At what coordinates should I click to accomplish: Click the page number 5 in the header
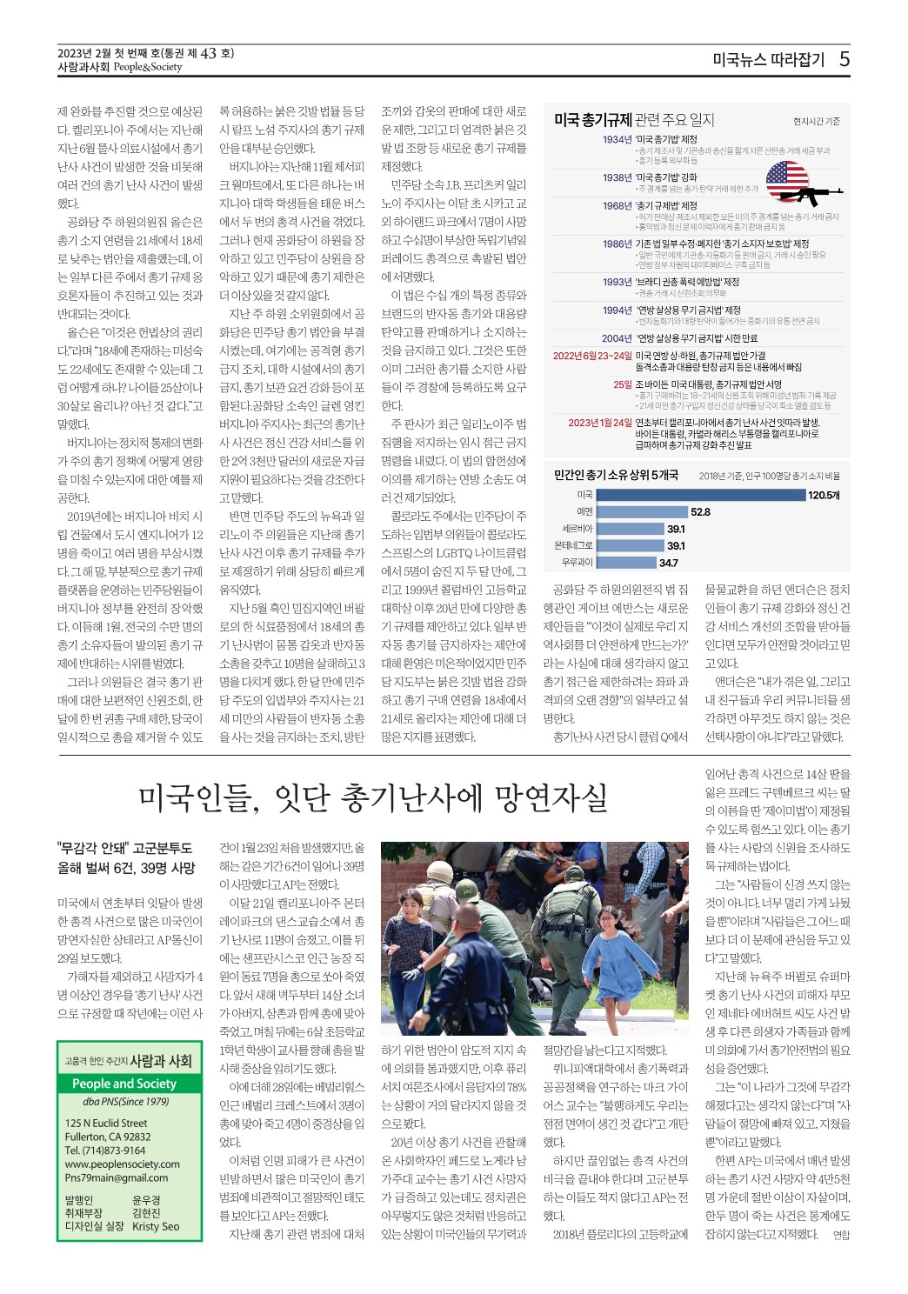[x=844, y=59]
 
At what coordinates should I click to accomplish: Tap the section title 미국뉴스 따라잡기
[x=767, y=60]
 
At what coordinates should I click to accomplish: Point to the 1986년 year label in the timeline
[x=617, y=243]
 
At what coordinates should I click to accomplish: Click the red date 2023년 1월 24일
[x=599, y=423]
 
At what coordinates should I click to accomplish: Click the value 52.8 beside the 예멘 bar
[x=700, y=512]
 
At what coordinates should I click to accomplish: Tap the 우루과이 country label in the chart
[x=578, y=563]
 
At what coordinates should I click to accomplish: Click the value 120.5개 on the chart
[x=824, y=495]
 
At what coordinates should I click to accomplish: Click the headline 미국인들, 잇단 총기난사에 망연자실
[x=373, y=796]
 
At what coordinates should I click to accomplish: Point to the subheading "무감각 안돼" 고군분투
[x=124, y=848]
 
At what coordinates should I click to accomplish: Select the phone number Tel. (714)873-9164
[x=105, y=1151]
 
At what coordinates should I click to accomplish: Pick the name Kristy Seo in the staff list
[x=156, y=1226]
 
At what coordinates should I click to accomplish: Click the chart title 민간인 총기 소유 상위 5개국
[x=616, y=475]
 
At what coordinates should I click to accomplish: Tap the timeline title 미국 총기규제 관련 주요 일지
[x=634, y=120]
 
